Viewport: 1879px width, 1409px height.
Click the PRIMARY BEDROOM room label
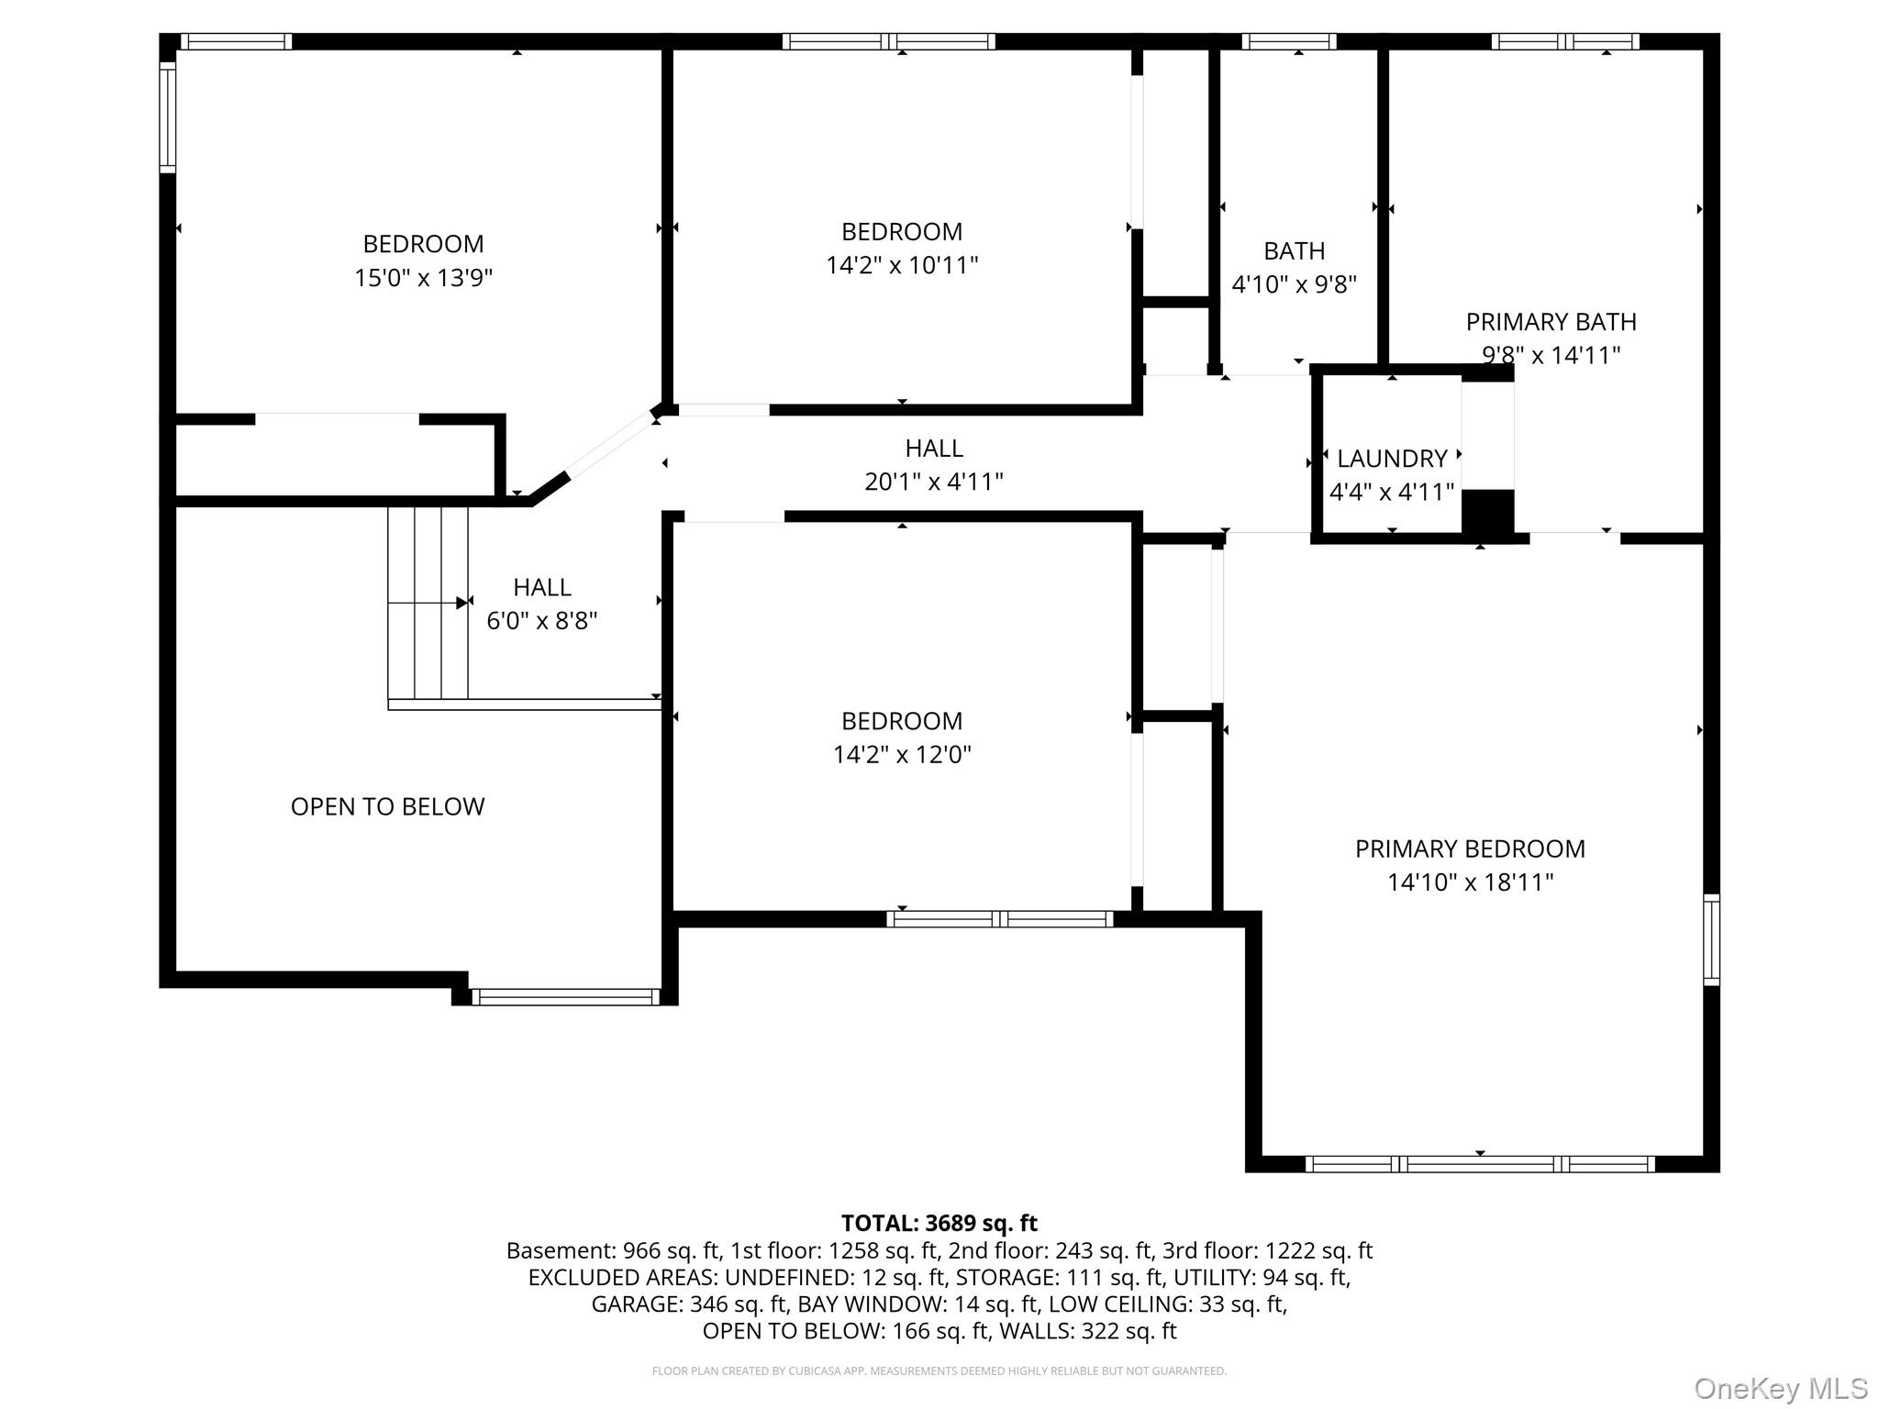point(1470,849)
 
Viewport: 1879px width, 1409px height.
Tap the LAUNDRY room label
point(1392,459)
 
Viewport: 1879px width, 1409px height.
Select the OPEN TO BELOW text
point(387,806)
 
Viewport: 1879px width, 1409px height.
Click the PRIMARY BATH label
point(1551,322)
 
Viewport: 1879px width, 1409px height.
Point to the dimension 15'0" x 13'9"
point(424,277)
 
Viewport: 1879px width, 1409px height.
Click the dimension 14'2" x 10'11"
point(902,265)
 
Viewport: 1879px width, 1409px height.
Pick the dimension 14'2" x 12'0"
point(902,754)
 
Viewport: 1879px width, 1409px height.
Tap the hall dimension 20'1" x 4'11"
point(934,482)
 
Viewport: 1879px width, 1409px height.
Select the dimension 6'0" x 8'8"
point(541,621)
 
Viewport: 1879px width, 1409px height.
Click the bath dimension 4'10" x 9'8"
point(1294,284)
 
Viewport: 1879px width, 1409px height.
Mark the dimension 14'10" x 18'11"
point(1470,882)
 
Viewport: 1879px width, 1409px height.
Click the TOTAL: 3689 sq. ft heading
point(939,1223)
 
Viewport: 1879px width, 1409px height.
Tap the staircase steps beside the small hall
point(428,603)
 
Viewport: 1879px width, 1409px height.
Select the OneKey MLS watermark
point(1781,1388)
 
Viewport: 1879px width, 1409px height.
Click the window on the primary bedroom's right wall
point(1711,939)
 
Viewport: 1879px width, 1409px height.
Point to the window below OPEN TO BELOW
point(565,996)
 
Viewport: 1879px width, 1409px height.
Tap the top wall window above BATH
point(1289,41)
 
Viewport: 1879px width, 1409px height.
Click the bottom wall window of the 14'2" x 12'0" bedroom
point(1000,919)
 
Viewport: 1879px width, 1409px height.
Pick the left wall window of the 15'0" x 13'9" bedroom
point(167,116)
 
